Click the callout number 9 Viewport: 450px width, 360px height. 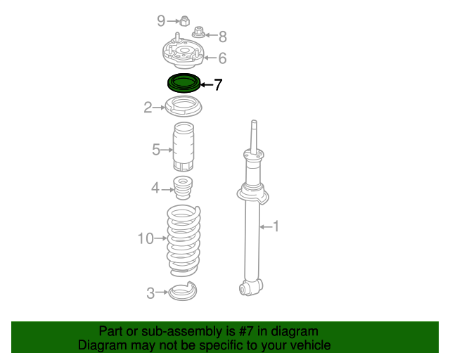(161, 21)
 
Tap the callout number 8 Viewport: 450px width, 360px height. (223, 37)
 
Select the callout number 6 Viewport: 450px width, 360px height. (222, 58)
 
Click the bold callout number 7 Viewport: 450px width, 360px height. (218, 84)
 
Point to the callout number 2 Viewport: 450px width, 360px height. (148, 108)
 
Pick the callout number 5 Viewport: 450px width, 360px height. (156, 150)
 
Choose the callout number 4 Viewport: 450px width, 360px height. (155, 188)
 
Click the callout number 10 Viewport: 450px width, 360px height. (146, 238)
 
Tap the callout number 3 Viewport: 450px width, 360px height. (150, 293)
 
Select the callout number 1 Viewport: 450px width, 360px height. (276, 226)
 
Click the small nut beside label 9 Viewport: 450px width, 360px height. (185, 21)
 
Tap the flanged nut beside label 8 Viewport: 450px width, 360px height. (198, 32)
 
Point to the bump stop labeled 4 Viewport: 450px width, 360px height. (183, 188)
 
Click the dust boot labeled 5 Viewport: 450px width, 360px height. (184, 147)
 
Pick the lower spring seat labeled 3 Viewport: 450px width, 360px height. (183, 291)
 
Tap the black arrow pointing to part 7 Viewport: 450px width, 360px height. (207, 84)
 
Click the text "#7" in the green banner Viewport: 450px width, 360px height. (246, 332)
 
